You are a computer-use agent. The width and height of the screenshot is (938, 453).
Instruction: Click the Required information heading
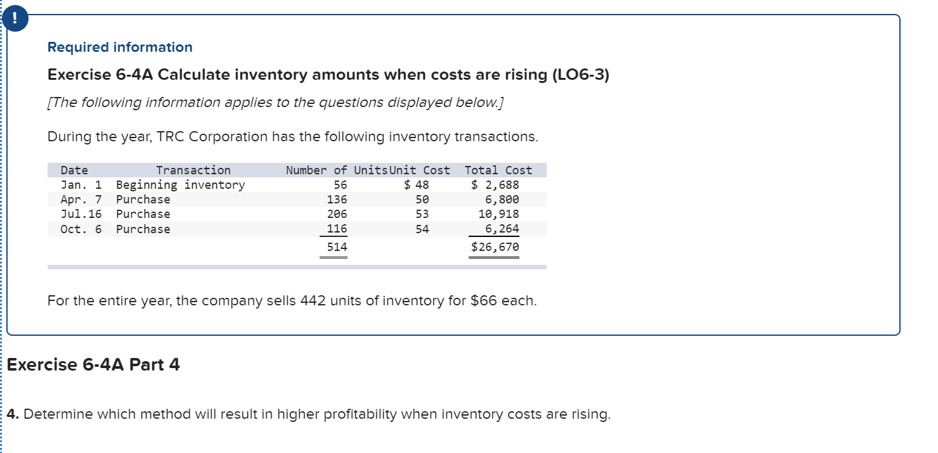tap(120, 48)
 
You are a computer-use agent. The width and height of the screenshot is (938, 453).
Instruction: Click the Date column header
tap(74, 170)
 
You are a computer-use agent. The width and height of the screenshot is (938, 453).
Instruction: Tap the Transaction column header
tap(193, 170)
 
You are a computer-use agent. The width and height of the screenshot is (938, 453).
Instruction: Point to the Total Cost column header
tap(498, 170)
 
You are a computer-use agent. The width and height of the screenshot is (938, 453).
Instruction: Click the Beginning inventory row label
tap(180, 185)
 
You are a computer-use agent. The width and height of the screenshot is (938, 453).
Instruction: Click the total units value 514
tap(337, 247)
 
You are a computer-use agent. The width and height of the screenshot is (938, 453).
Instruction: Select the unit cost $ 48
tap(417, 185)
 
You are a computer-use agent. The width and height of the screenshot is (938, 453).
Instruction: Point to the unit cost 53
tap(422, 214)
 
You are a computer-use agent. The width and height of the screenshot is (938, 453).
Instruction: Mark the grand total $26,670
tap(495, 247)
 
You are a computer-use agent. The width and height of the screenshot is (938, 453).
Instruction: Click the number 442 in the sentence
tap(313, 300)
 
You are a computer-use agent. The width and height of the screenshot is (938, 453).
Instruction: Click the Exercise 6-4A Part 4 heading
tap(93, 365)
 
